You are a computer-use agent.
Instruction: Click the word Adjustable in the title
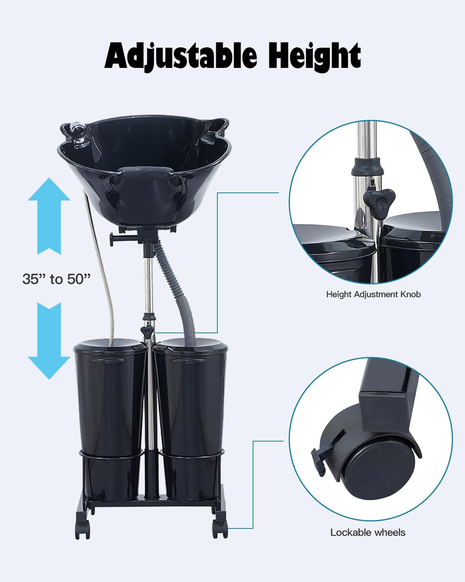point(181,57)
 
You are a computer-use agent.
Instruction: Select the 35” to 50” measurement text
point(57,279)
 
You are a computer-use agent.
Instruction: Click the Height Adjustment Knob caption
point(373,294)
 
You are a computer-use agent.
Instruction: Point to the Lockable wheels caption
point(368,532)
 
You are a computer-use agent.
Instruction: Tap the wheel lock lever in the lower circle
point(321,458)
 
